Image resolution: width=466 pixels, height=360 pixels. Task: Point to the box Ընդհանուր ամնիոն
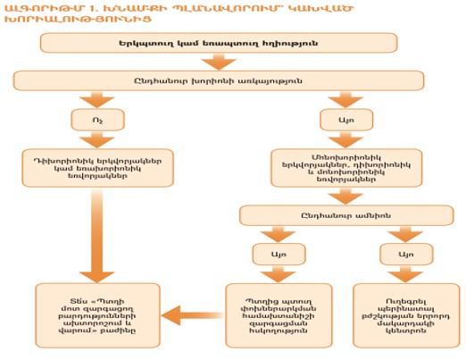coord(332,216)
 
